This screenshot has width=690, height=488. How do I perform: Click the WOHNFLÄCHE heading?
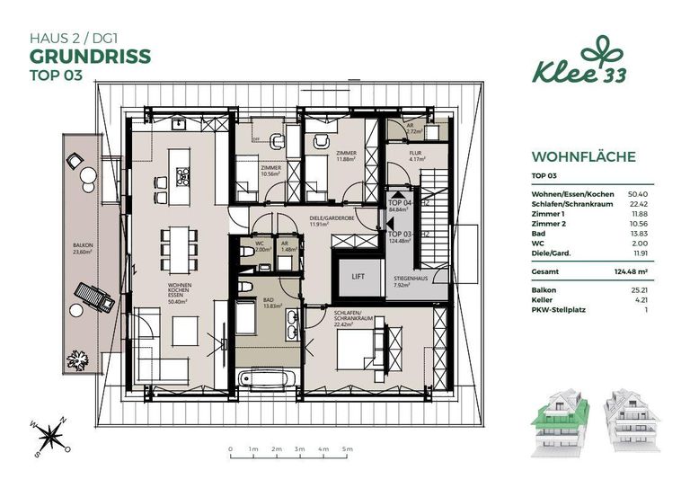click(583, 156)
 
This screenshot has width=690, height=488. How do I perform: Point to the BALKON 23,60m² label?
click(84, 249)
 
